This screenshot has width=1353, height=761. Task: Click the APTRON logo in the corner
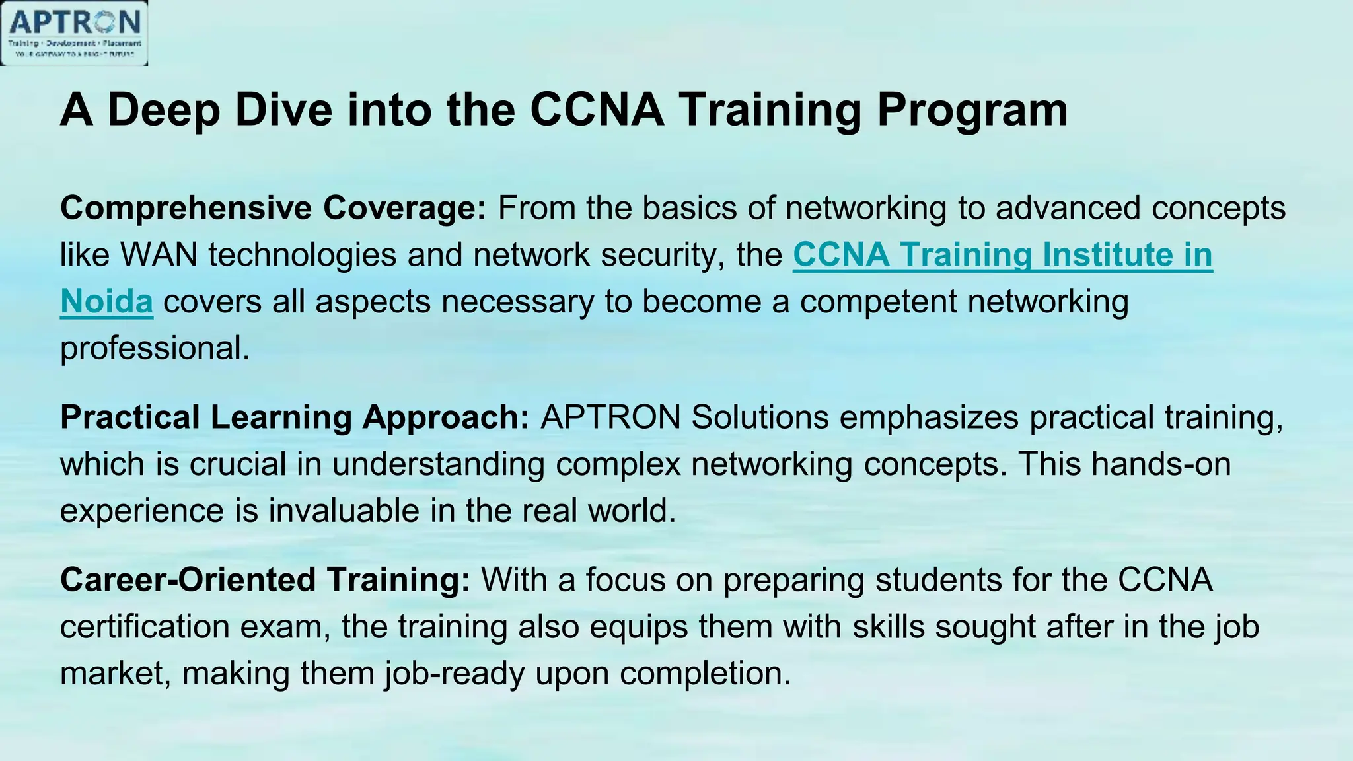click(x=74, y=33)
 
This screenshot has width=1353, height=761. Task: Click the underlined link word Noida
click(x=106, y=302)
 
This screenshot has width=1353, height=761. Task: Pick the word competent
click(x=879, y=302)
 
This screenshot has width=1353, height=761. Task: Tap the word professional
click(x=155, y=348)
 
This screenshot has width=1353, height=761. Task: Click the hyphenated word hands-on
click(x=1161, y=464)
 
